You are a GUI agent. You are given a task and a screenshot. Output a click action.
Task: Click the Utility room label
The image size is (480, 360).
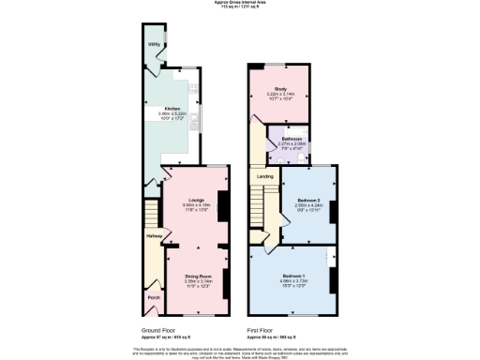[x=152, y=44]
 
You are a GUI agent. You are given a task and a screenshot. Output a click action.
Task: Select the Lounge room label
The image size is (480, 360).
[x=195, y=200]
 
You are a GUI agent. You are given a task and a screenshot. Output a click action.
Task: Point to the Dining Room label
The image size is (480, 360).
[x=197, y=276]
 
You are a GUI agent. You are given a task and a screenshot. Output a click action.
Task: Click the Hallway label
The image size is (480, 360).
[x=154, y=235]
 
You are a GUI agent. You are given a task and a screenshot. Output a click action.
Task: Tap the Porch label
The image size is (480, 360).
[x=154, y=298]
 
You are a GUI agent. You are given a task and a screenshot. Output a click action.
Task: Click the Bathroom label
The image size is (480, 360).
[x=292, y=139]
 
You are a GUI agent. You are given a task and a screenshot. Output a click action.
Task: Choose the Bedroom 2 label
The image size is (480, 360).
[x=308, y=202]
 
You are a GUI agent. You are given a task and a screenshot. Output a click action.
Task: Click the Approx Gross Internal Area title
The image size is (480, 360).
[x=239, y=3]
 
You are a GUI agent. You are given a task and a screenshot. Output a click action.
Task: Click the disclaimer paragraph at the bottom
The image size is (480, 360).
[x=239, y=351]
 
